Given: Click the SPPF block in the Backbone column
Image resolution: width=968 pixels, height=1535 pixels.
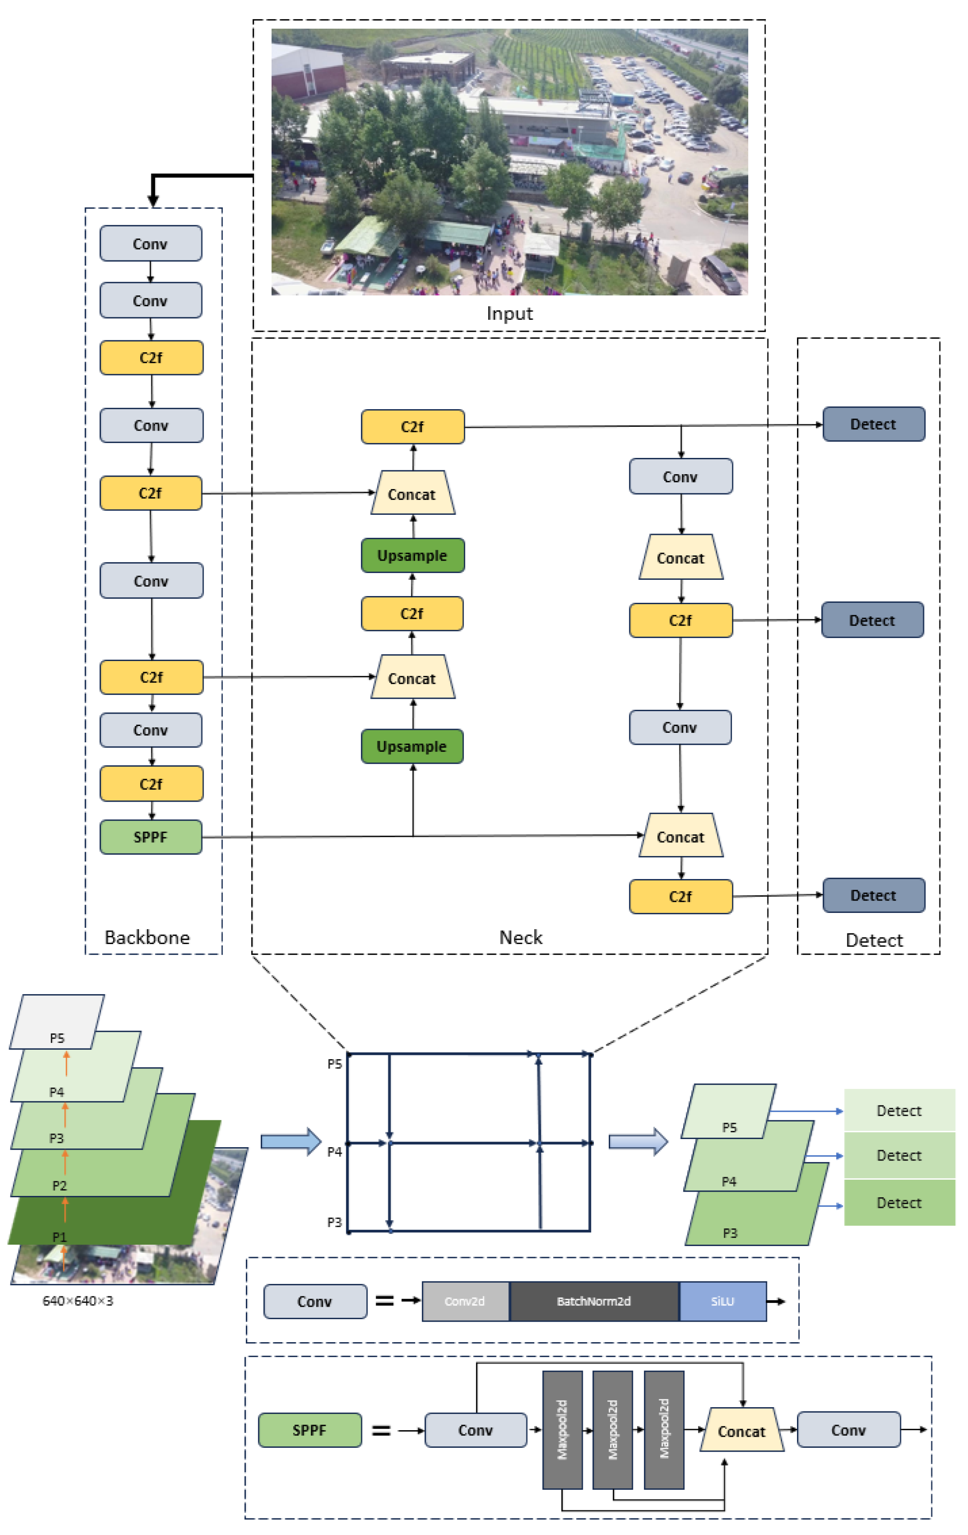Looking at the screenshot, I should (x=151, y=837).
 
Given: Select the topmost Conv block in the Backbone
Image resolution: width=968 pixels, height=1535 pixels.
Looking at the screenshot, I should (x=151, y=244).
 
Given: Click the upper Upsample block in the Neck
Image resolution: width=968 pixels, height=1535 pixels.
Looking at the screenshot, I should (x=412, y=555).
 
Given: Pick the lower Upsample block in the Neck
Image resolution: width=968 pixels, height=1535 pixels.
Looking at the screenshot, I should (x=412, y=747).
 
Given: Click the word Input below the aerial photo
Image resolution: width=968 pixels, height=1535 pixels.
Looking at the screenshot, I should (x=509, y=314).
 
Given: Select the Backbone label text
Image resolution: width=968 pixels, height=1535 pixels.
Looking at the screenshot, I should (x=147, y=938).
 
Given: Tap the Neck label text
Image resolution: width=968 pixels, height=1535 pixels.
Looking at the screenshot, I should (x=521, y=938).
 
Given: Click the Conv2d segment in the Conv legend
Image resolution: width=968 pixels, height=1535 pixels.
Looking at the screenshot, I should (x=465, y=1301).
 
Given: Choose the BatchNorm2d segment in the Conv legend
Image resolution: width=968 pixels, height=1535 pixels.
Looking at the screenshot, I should (x=593, y=1301).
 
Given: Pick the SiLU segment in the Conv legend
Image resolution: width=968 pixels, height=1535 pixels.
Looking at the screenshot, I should (x=722, y=1301).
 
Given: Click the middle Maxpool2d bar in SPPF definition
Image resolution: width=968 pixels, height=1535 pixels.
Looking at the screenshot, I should (x=612, y=1429).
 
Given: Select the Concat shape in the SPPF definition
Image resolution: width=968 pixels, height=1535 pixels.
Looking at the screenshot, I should (x=741, y=1431).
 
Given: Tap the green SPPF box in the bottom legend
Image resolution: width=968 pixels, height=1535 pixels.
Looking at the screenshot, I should (x=310, y=1430).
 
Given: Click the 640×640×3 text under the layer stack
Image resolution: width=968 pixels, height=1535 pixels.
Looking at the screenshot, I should (x=78, y=1301).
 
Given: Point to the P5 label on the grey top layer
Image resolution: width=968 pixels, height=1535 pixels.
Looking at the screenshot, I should (x=57, y=1039).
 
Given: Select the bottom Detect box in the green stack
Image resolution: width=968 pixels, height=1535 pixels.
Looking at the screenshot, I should (x=899, y=1203).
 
